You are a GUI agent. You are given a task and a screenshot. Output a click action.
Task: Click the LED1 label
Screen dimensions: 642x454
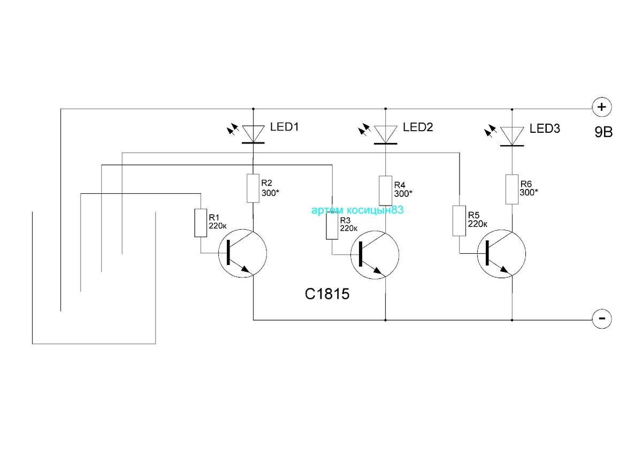[284, 127]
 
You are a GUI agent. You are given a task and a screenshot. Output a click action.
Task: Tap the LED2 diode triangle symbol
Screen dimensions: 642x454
[386, 134]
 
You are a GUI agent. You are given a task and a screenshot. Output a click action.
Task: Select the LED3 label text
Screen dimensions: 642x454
[545, 128]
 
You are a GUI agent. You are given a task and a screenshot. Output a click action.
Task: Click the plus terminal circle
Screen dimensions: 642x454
[602, 107]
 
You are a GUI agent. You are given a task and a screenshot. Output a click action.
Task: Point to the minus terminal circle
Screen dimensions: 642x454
[602, 319]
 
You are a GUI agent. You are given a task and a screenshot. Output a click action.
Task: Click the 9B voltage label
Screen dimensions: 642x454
[603, 132]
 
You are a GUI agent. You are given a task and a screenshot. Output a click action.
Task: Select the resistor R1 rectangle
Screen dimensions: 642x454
[201, 223]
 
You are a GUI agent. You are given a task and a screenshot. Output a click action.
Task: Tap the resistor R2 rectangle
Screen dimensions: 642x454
[253, 188]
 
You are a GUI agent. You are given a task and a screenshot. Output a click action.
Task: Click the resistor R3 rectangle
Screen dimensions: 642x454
[332, 225]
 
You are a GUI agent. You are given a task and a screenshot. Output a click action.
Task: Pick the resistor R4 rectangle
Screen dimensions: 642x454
[386, 191]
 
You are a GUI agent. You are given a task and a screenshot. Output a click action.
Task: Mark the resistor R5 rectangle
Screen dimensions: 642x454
[459, 221]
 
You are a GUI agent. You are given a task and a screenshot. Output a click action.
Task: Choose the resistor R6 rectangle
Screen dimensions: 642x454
[512, 190]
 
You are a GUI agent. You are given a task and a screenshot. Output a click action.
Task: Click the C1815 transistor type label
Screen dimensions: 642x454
[327, 294]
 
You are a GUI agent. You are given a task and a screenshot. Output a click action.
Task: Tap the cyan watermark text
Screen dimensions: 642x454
[357, 210]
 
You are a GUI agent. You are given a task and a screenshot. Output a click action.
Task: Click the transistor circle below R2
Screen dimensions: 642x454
[242, 253]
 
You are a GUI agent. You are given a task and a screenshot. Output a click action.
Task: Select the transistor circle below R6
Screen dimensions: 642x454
[502, 254]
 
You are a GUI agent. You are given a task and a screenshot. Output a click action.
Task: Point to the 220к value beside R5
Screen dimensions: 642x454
[478, 224]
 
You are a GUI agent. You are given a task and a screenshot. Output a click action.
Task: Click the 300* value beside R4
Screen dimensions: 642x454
[403, 194]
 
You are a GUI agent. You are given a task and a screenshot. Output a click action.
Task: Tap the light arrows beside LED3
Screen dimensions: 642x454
[491, 131]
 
